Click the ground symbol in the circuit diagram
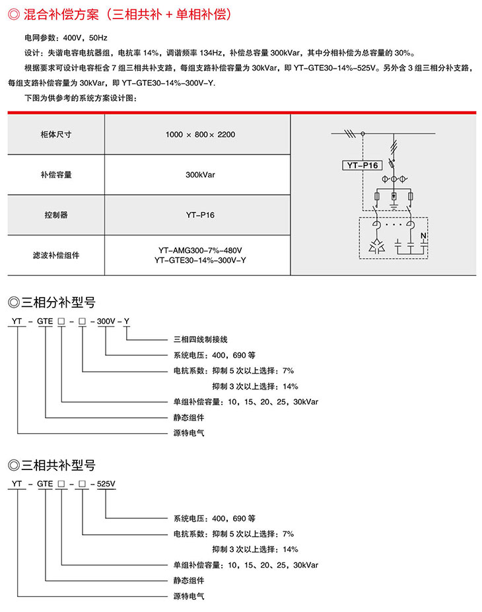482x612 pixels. (x=394, y=207)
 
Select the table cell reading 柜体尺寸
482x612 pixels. (x=56, y=134)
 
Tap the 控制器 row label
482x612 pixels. (x=56, y=215)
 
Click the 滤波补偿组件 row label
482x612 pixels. (x=56, y=255)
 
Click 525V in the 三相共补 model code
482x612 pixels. (x=106, y=484)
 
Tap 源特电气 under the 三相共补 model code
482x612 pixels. (x=189, y=596)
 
